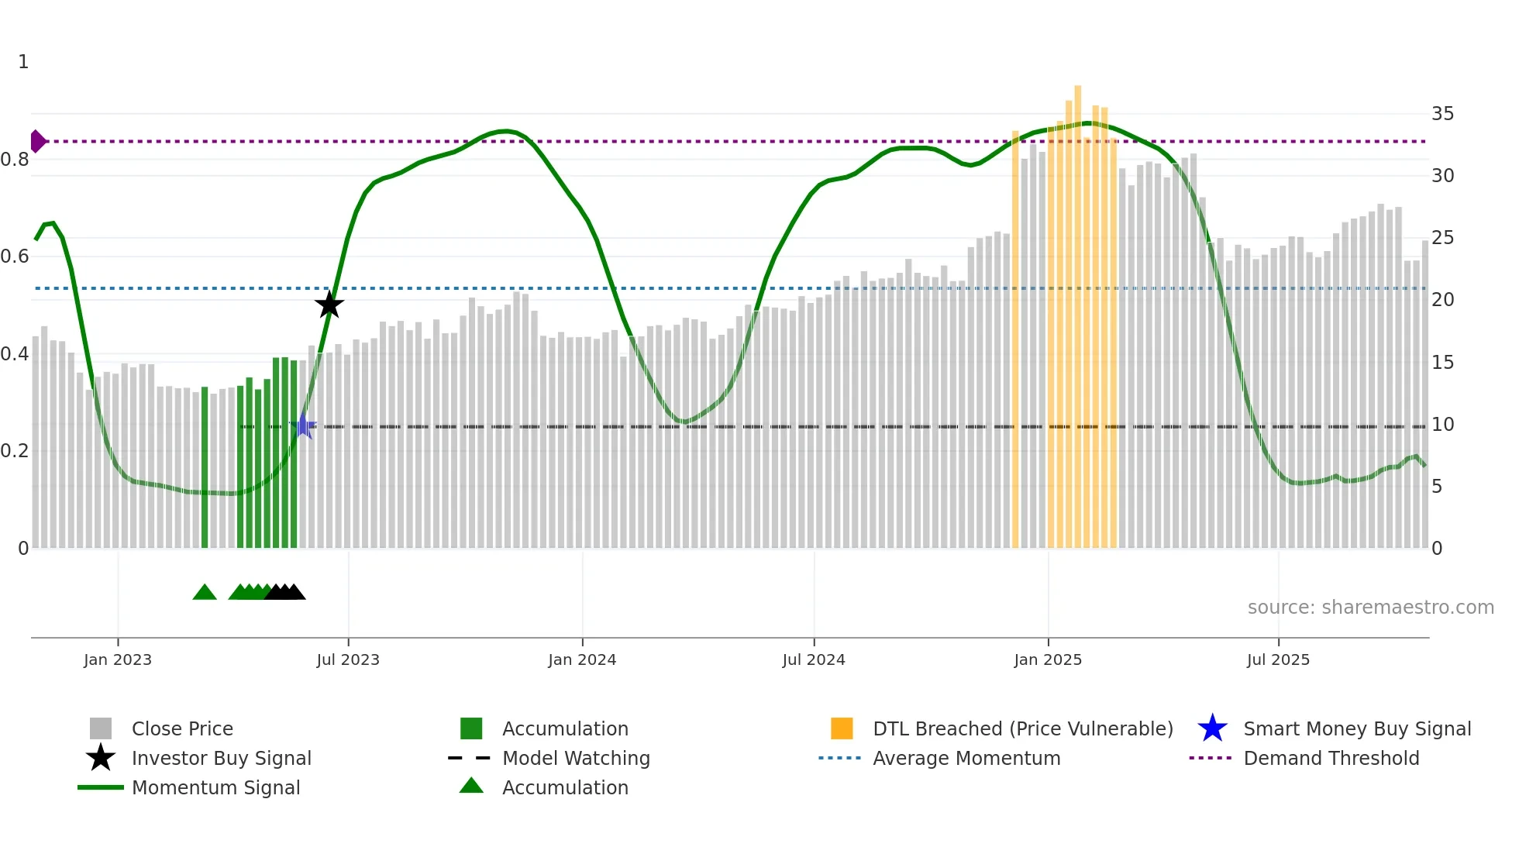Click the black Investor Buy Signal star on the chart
329,305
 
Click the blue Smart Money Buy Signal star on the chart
303,425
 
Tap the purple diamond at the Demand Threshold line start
37,141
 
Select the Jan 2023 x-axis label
118,659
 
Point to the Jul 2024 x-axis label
814,659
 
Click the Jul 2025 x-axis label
1278,659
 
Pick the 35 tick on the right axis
1442,114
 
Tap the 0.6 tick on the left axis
15,257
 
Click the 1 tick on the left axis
23,62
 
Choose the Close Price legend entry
182,728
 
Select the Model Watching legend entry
576,758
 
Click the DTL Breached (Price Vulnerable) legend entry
1022,728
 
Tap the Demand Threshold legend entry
1331,758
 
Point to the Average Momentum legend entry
966,758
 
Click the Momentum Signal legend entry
215,787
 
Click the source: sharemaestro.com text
1370,608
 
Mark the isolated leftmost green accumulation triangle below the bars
205,593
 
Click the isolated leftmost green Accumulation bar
205,465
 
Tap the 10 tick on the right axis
1442,425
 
